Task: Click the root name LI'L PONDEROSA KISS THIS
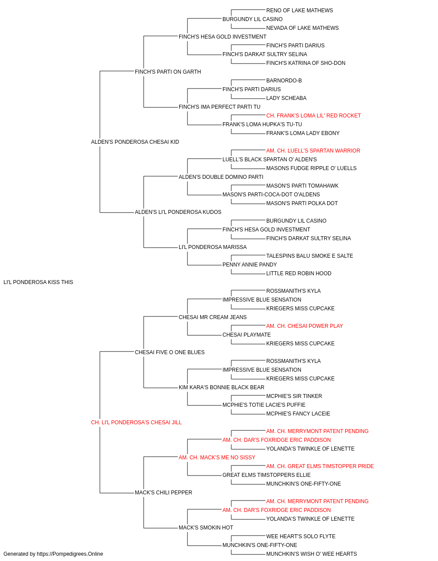pyautogui.click(x=38, y=282)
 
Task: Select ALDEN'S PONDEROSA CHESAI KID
pyautogui.click(x=135, y=142)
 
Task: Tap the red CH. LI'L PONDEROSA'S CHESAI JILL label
pyautogui.click(x=136, y=423)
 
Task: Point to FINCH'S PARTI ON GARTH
pyautogui.click(x=168, y=72)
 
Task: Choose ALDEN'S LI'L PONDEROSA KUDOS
pyautogui.click(x=178, y=212)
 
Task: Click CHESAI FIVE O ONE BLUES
pyautogui.click(x=170, y=352)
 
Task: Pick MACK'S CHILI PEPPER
pyautogui.click(x=163, y=492)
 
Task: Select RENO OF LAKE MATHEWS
pyautogui.click(x=300, y=11)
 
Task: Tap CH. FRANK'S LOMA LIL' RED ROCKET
pyautogui.click(x=314, y=116)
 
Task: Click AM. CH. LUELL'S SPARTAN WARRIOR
pyautogui.click(x=313, y=150)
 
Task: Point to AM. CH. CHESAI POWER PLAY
pyautogui.click(x=304, y=326)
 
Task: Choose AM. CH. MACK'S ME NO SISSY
pyautogui.click(x=217, y=458)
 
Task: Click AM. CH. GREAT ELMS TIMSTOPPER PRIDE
pyautogui.click(x=320, y=466)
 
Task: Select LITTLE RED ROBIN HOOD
pyautogui.click(x=299, y=273)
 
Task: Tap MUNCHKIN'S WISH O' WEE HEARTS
pyautogui.click(x=311, y=554)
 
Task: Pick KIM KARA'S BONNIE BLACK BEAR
pyautogui.click(x=221, y=387)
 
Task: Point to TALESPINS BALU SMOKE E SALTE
pyautogui.click(x=310, y=256)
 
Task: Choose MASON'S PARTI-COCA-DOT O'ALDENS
pyautogui.click(x=271, y=195)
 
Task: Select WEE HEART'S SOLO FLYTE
pyautogui.click(x=301, y=536)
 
